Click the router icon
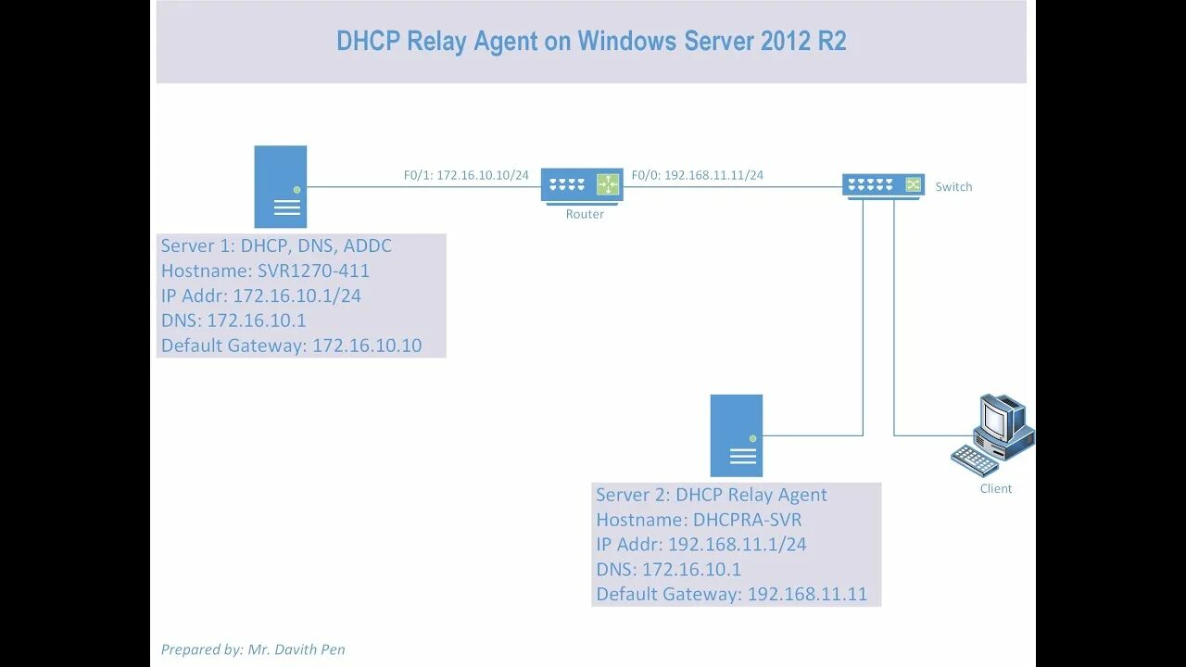click(582, 185)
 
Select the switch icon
click(883, 185)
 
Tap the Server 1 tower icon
click(281, 186)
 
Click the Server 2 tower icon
click(737, 435)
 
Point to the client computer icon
click(993, 434)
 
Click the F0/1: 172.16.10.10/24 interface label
click(466, 174)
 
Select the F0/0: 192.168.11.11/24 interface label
click(698, 174)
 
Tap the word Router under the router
click(585, 214)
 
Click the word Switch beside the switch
click(953, 186)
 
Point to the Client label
click(996, 488)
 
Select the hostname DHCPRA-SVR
click(748, 520)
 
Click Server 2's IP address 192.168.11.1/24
click(738, 545)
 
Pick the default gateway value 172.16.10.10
click(367, 346)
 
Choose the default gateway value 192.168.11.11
click(807, 594)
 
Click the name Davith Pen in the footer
click(309, 649)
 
